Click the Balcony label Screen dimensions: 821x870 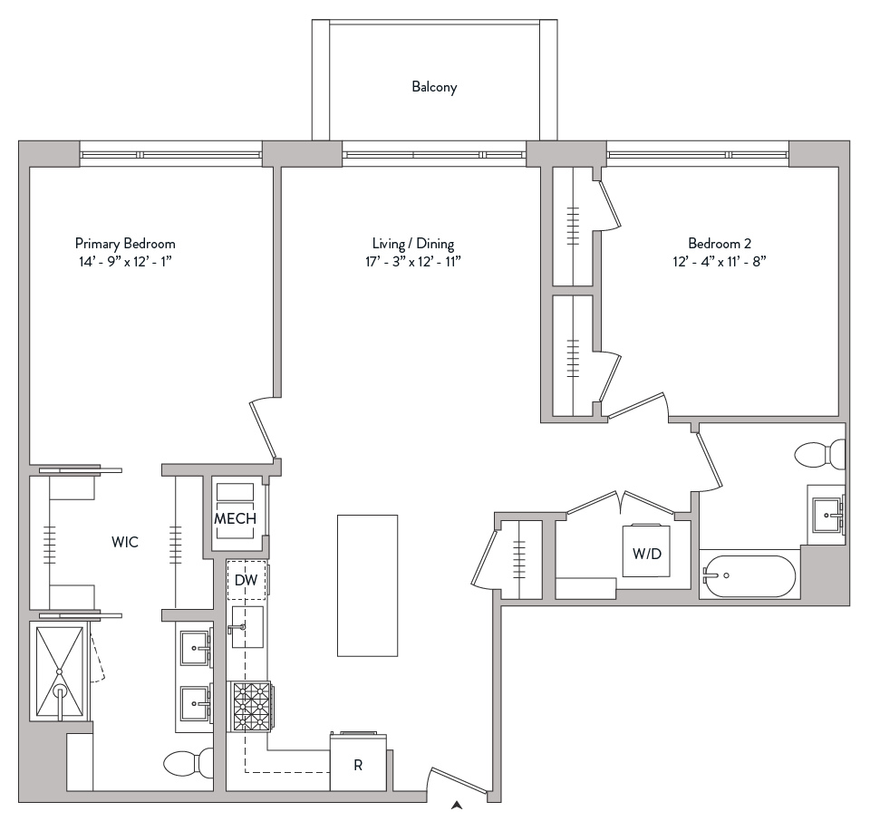pyautogui.click(x=434, y=88)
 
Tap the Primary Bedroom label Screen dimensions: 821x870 pyautogui.click(x=125, y=244)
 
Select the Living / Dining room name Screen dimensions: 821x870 pyautogui.click(x=413, y=244)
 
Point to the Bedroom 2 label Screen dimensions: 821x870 pyautogui.click(x=720, y=244)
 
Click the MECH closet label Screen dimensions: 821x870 pyautogui.click(x=235, y=519)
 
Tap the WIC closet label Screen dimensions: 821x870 pyautogui.click(x=125, y=542)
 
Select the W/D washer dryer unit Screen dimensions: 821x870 pyautogui.click(x=646, y=552)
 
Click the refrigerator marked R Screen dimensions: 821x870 pyautogui.click(x=358, y=764)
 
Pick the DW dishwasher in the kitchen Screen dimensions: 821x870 pyautogui.click(x=246, y=580)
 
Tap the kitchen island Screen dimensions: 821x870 pyautogui.click(x=367, y=584)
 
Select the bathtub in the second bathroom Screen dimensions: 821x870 pyautogui.click(x=749, y=576)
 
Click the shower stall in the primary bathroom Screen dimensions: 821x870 pyautogui.click(x=59, y=671)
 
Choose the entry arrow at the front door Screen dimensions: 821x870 pyautogui.click(x=459, y=803)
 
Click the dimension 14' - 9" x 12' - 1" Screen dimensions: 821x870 pyautogui.click(x=125, y=262)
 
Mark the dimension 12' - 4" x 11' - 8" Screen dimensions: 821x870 pyautogui.click(x=720, y=262)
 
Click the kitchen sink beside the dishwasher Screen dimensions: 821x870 pyautogui.click(x=246, y=627)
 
